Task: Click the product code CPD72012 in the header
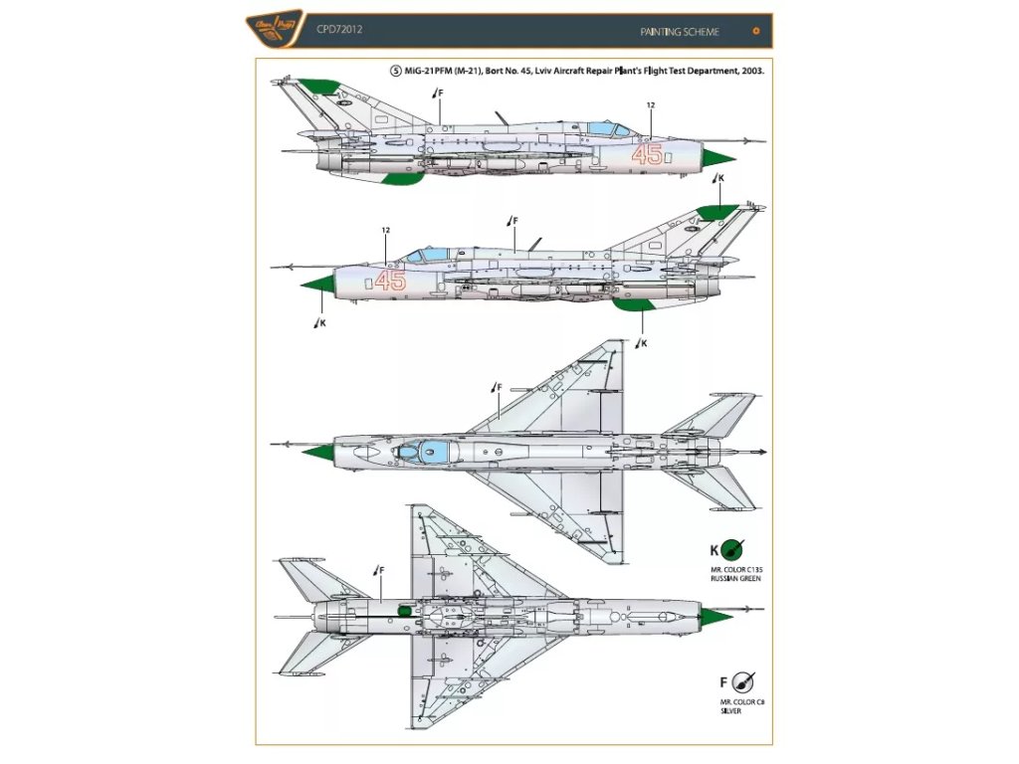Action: point(339,30)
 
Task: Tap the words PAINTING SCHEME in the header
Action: point(680,32)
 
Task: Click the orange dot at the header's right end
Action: point(756,31)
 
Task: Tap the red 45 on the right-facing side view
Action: point(647,154)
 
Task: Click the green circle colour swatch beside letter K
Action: point(735,550)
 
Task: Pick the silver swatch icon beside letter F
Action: point(741,683)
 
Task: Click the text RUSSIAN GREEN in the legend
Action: point(735,578)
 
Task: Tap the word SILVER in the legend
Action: point(733,711)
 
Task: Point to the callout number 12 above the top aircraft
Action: point(651,105)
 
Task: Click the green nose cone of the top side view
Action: point(718,156)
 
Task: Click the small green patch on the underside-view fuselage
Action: point(403,610)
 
